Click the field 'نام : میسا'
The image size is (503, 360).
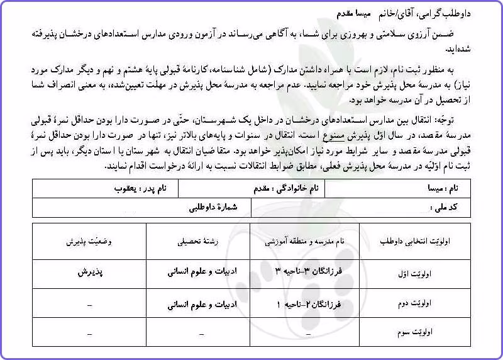click(x=448, y=188)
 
